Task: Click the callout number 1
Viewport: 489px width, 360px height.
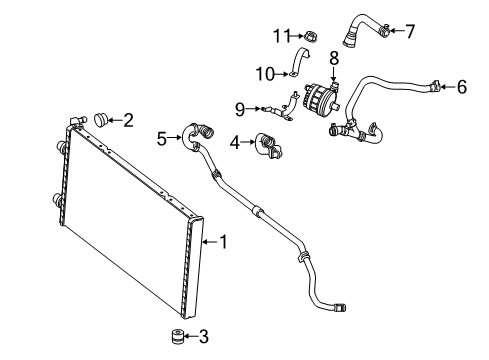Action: point(224,241)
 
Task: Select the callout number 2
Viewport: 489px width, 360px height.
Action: point(128,120)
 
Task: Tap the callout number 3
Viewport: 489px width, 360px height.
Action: point(204,336)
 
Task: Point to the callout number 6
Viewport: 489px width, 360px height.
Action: point(462,87)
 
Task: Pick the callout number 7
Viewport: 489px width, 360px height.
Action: point(410,31)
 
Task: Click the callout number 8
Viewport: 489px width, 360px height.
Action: point(334,58)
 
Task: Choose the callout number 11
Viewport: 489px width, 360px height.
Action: point(282,35)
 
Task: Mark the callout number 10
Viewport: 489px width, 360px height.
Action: point(265,74)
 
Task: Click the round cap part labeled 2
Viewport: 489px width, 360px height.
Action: point(101,120)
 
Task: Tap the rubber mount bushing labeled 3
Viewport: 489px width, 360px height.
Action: point(177,336)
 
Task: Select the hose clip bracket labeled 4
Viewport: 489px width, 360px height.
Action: point(269,145)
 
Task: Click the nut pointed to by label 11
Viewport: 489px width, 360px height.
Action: point(310,36)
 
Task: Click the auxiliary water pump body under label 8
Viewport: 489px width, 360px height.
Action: point(319,97)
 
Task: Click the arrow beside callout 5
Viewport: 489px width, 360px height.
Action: point(174,137)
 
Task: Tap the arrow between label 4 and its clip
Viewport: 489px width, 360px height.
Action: point(247,142)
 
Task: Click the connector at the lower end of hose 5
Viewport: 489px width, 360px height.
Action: point(340,307)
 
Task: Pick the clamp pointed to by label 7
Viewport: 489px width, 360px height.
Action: point(384,30)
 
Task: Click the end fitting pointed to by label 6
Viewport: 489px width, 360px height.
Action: point(435,86)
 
